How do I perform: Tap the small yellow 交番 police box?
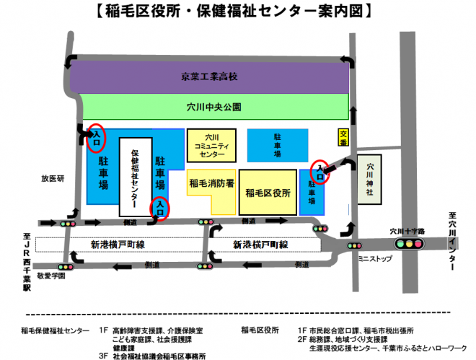click(343, 138)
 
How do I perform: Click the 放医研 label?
click(53, 178)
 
